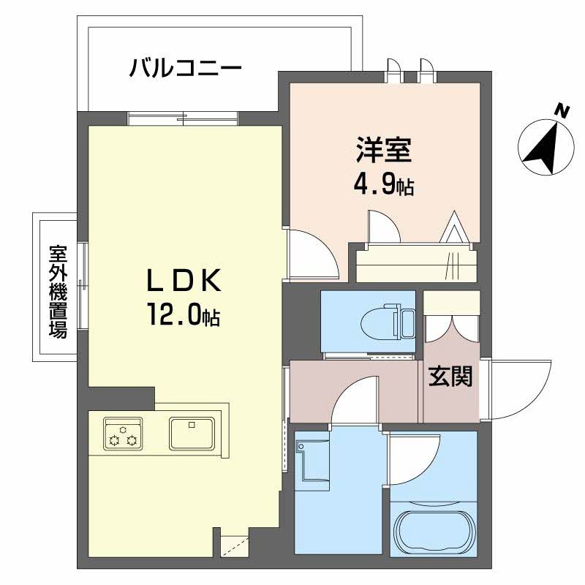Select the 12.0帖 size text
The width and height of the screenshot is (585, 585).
click(183, 315)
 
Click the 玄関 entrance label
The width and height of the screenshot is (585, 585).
click(450, 377)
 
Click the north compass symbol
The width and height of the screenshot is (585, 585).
click(547, 146)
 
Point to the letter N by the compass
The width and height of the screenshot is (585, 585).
click(562, 111)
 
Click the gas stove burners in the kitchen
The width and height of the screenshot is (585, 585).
click(122, 433)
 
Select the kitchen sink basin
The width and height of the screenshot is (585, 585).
click(191, 433)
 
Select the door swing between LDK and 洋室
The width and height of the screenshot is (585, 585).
click(310, 252)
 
